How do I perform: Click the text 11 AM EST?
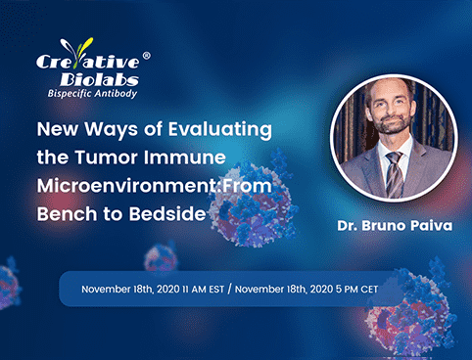[x=197, y=289]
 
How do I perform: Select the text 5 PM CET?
[x=361, y=289]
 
